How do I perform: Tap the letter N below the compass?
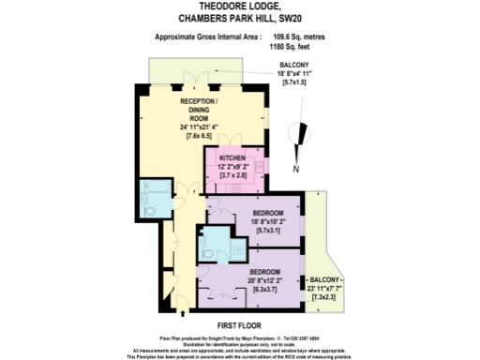point(295,170)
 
